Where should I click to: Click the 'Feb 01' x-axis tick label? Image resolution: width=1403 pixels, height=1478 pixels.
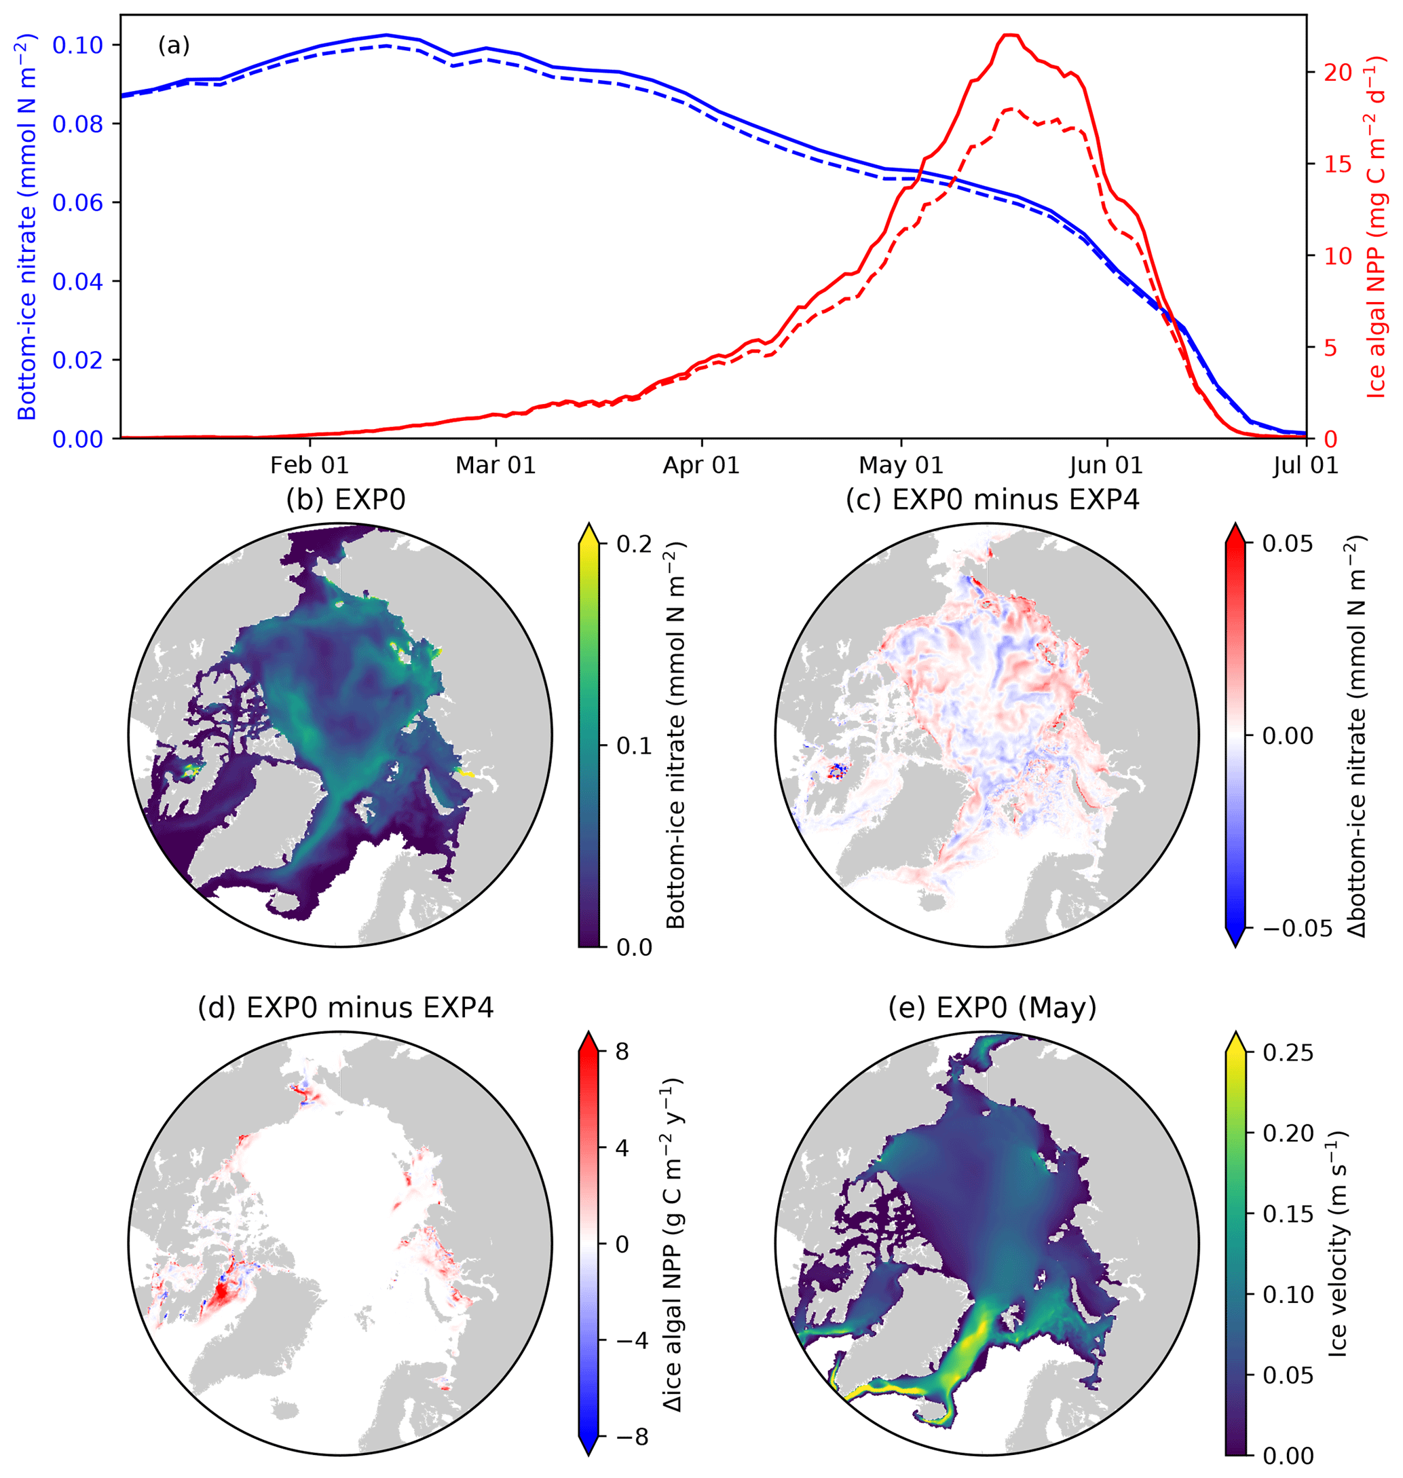coord(309,465)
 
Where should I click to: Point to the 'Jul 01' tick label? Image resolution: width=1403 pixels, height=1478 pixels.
coord(1306,465)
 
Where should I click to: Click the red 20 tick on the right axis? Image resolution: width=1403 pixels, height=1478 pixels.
coord(1337,72)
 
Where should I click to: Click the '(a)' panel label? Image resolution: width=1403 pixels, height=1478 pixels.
coord(174,46)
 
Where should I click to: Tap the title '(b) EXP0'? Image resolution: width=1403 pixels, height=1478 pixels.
coord(345,500)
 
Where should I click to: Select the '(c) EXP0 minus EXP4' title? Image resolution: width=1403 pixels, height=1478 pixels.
coord(992,500)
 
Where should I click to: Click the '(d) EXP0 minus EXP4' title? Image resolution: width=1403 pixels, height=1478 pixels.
coord(345,1008)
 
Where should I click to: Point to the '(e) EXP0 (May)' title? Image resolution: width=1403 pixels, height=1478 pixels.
coord(992,1008)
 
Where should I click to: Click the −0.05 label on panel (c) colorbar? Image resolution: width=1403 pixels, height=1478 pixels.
coord(1286,928)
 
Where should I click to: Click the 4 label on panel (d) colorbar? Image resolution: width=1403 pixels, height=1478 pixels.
coord(622,1148)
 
